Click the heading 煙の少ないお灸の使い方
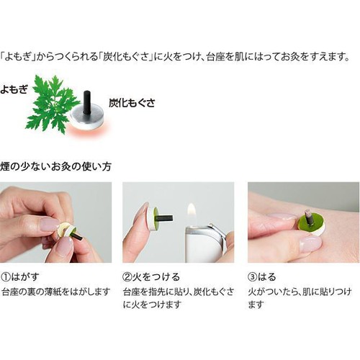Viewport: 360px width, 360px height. [56, 166]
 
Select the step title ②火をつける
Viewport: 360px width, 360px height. [151, 276]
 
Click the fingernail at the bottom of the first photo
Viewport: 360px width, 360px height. [66, 247]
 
